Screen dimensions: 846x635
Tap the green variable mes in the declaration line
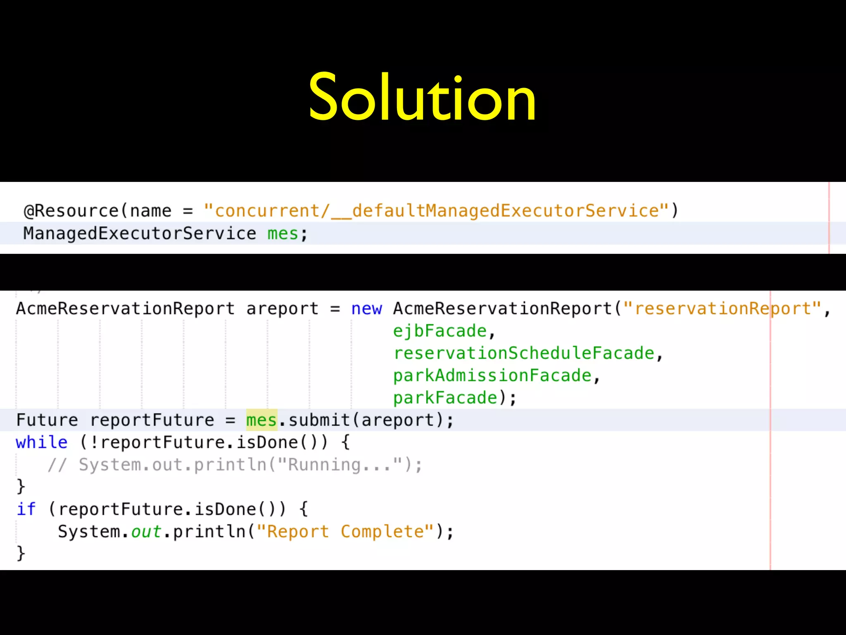tap(283, 234)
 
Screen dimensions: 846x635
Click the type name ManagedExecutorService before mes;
tap(140, 234)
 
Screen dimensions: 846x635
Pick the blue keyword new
tap(366, 309)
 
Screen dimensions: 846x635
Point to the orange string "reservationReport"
tap(722, 309)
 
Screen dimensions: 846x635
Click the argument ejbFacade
tap(440, 331)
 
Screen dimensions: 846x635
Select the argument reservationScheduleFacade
tap(524, 353)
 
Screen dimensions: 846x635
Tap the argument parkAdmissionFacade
tap(492, 376)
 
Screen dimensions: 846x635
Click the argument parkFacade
tap(445, 398)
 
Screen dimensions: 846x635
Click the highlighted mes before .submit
tap(261, 420)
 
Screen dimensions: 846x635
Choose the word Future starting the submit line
tap(47, 420)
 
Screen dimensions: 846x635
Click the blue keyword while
tap(42, 443)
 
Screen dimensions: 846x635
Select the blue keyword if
tap(26, 509)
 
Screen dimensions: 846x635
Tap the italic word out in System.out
tap(146, 532)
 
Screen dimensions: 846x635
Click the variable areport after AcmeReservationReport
tap(282, 309)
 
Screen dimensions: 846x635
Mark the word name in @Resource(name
tap(151, 211)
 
